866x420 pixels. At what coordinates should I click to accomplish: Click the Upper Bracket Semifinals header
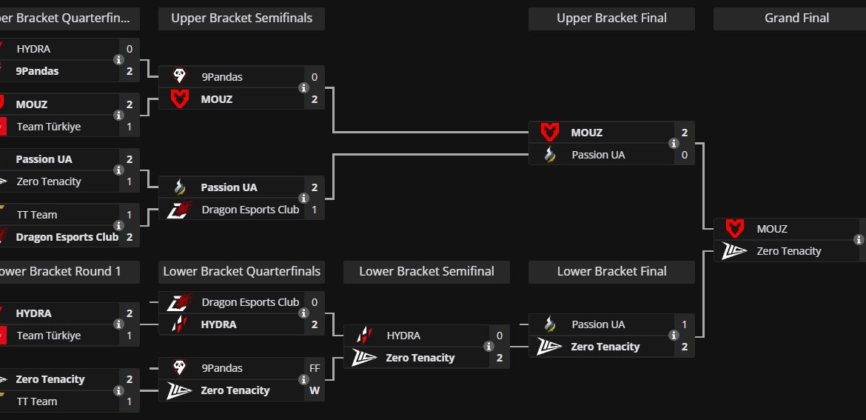(241, 19)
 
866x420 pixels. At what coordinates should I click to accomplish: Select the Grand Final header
(796, 19)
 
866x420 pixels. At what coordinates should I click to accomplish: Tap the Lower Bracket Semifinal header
(426, 272)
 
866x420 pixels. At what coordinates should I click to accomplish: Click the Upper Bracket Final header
(611, 19)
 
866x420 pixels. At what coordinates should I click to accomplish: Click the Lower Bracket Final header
(611, 272)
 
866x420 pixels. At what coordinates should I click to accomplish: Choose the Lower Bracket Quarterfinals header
(241, 272)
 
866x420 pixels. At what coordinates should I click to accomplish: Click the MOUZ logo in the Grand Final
(734, 229)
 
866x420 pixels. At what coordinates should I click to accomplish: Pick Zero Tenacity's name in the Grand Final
(789, 251)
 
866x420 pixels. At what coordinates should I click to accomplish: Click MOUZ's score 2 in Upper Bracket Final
(685, 133)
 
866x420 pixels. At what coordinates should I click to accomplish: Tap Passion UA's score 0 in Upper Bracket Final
(685, 155)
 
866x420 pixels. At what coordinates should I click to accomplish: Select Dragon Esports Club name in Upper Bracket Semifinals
(250, 210)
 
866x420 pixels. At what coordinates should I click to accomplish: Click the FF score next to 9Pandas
(315, 368)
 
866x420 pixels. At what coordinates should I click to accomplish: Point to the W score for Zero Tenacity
(315, 390)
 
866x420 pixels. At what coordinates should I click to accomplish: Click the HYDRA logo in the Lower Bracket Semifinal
(364, 336)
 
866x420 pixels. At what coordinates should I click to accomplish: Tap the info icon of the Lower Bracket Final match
(674, 336)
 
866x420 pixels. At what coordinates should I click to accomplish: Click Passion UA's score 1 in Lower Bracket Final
(685, 324)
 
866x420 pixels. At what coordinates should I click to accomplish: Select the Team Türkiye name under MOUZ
(49, 127)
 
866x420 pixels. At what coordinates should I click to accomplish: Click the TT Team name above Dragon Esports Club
(37, 215)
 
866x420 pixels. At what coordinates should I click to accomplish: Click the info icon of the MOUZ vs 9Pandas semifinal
(303, 88)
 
